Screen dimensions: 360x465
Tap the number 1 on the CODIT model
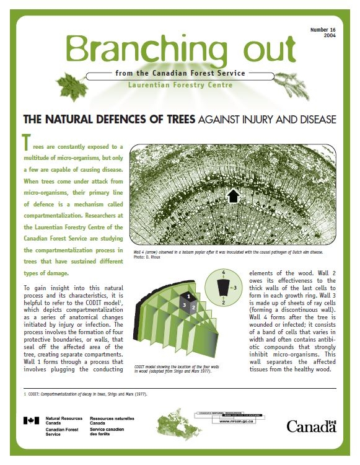(189, 297)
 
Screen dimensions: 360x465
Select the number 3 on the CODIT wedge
(184, 305)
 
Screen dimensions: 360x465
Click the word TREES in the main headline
(178, 119)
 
